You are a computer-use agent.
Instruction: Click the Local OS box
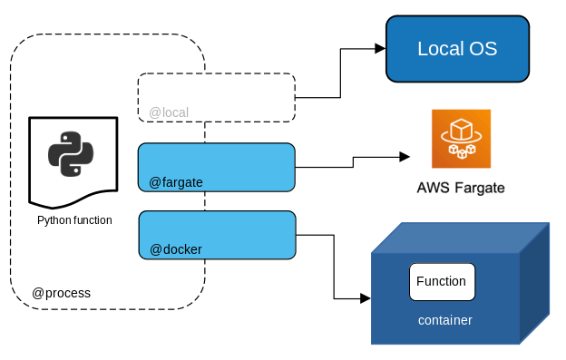pyautogui.click(x=457, y=49)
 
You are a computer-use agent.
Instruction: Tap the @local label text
pyautogui.click(x=169, y=112)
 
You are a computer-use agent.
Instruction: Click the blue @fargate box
pyautogui.click(x=217, y=167)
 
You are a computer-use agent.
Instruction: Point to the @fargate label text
pyautogui.click(x=176, y=182)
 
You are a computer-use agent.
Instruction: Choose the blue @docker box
pyautogui.click(x=218, y=235)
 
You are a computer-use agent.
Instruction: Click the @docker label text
pyautogui.click(x=176, y=249)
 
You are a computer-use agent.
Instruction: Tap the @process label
pyautogui.click(x=62, y=293)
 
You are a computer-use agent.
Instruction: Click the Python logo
pyautogui.click(x=71, y=154)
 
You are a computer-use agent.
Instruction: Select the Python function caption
pyautogui.click(x=74, y=220)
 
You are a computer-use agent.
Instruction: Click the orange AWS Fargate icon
pyautogui.click(x=462, y=139)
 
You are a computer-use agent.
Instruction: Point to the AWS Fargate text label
pyautogui.click(x=461, y=188)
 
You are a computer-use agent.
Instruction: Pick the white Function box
pyautogui.click(x=443, y=282)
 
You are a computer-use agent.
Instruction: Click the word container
pyautogui.click(x=445, y=320)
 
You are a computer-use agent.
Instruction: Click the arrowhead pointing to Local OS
pyautogui.click(x=380, y=48)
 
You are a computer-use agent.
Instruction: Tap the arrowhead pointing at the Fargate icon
pyautogui.click(x=405, y=157)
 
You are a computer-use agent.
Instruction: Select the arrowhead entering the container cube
pyautogui.click(x=366, y=298)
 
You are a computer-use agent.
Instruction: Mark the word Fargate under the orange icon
pyautogui.click(x=479, y=189)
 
